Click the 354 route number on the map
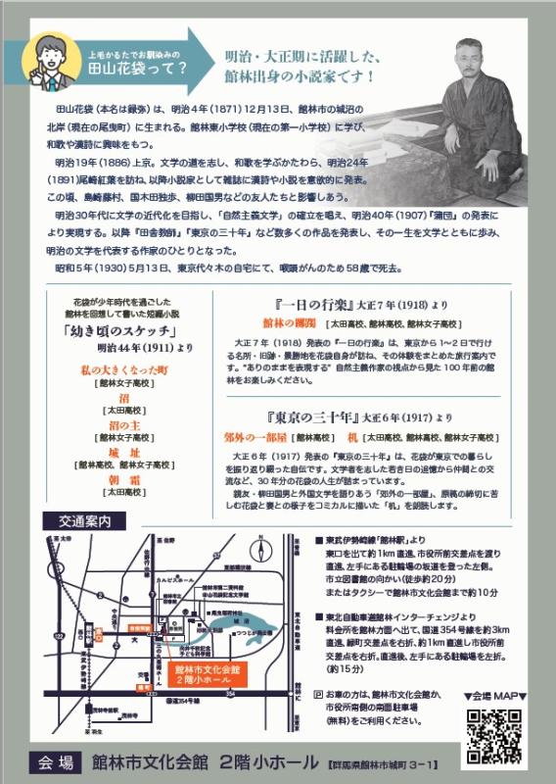pos(258,692)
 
